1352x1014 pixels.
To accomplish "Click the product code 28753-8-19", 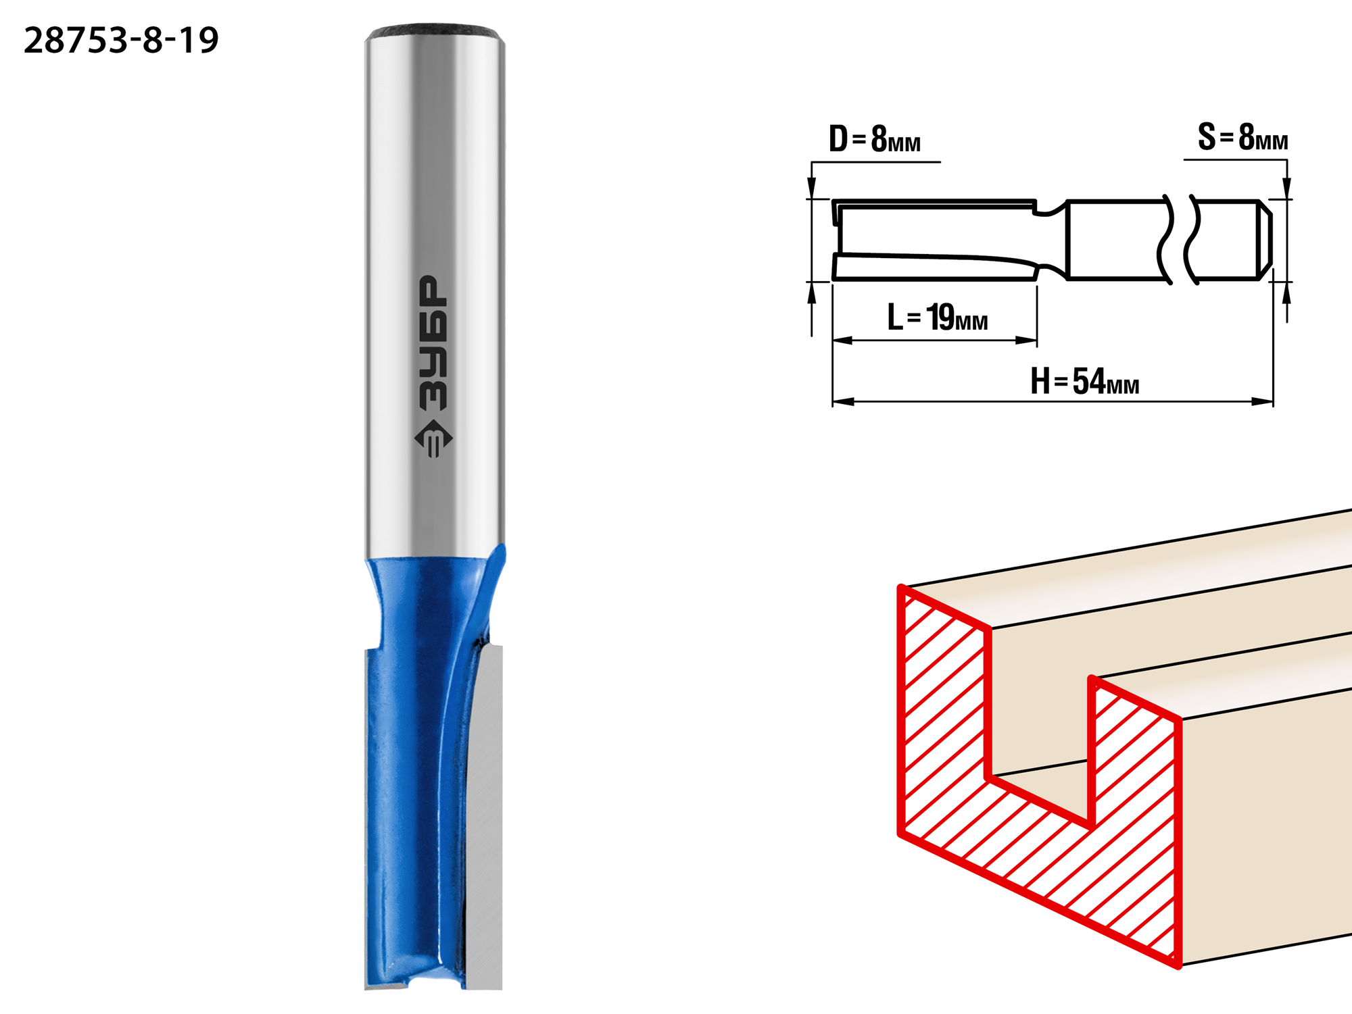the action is (x=122, y=41).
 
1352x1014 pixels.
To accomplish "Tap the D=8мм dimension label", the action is (x=875, y=139).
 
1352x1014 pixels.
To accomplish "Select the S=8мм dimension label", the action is (x=1242, y=137).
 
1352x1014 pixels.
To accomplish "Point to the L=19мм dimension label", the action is (x=938, y=317).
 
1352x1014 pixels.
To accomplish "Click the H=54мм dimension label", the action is (x=1085, y=381).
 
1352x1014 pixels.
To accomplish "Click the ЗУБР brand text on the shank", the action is (x=433, y=343).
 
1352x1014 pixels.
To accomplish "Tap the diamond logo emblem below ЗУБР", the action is (x=433, y=439).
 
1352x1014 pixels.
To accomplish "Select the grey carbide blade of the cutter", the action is (x=485, y=817).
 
